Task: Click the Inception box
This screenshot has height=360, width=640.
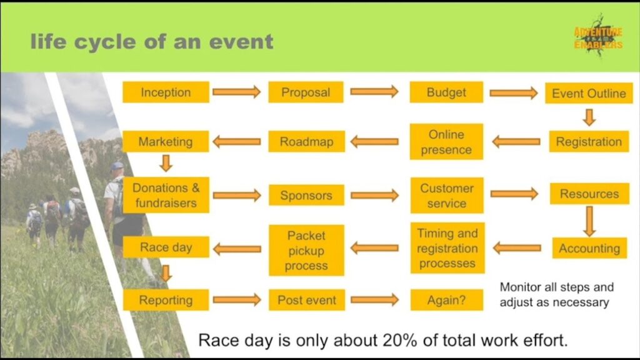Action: (166, 92)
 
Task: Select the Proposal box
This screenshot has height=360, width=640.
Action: (306, 92)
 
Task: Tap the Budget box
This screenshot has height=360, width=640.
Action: (446, 92)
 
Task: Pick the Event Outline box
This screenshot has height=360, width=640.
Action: (589, 93)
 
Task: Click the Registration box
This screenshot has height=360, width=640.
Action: (589, 141)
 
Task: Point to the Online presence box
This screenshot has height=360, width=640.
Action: (446, 142)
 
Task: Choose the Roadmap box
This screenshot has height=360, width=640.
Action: (306, 141)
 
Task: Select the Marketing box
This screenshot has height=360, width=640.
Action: (166, 141)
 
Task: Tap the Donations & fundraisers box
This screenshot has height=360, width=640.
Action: (166, 195)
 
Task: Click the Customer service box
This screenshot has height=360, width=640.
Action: (446, 195)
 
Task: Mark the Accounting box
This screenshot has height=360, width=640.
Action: (589, 248)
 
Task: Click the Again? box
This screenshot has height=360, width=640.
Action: (446, 300)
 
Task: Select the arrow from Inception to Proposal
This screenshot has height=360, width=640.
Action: (236, 92)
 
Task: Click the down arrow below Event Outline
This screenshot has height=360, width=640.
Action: (589, 117)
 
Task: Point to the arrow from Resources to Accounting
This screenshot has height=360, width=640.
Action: (589, 221)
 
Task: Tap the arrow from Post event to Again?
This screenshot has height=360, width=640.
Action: (374, 300)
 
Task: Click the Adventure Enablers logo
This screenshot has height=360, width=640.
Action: (598, 39)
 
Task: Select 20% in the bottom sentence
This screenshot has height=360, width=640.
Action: (401, 341)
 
